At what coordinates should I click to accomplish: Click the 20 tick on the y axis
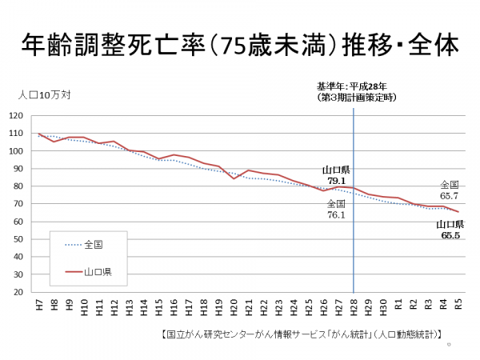point(18,292)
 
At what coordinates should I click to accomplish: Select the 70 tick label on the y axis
point(18,204)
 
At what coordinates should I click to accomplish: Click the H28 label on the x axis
point(354,306)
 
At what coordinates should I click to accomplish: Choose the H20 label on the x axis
point(234,306)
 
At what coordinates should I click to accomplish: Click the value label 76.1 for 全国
point(336,214)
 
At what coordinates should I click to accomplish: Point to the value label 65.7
point(449,195)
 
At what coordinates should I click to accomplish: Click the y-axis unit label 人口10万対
point(44,94)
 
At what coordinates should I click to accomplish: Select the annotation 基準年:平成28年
point(352,86)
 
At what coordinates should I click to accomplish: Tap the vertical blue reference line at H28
point(354,240)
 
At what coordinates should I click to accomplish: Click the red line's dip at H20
point(234,178)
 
